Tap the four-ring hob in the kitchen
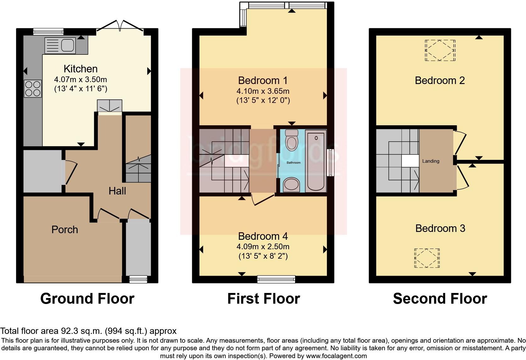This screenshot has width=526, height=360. (x=33, y=88)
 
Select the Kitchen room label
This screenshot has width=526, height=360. (x=81, y=69)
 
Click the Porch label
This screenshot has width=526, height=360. (x=64, y=230)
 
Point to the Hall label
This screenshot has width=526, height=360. (x=117, y=191)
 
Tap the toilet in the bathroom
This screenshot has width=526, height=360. (x=292, y=140)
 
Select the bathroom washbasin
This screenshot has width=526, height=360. (x=291, y=184)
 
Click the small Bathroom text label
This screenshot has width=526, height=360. (x=293, y=163)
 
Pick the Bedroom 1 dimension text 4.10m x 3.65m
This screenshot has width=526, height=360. (x=263, y=91)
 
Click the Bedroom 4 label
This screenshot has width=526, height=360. (x=263, y=236)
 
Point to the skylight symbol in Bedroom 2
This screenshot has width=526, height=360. (x=440, y=50)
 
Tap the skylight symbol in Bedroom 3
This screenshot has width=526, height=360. (x=427, y=258)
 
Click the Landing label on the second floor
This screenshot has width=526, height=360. (x=431, y=161)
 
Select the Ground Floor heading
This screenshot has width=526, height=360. (x=87, y=299)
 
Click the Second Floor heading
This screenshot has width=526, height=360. (x=440, y=299)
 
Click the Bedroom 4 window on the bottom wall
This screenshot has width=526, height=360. (x=276, y=279)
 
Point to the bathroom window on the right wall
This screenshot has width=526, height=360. (x=330, y=162)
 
